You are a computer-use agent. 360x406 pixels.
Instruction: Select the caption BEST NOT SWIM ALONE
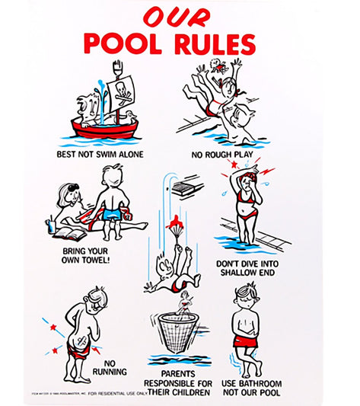pyautogui.click(x=100, y=154)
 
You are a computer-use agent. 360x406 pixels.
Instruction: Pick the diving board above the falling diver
pyautogui.click(x=188, y=185)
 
